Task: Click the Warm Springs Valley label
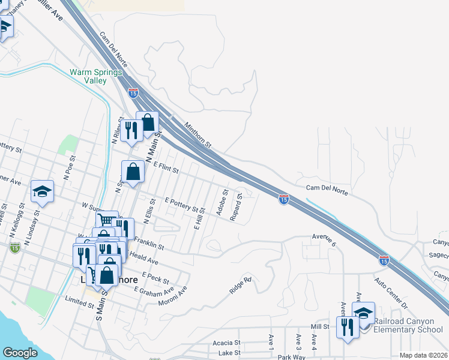tap(96, 76)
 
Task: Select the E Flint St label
tap(166, 167)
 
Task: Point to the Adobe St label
tap(221, 202)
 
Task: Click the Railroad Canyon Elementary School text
tap(408, 325)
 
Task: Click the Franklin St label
tap(149, 242)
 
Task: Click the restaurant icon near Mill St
tap(348, 327)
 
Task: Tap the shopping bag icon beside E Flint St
tap(133, 172)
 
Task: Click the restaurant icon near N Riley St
tap(131, 130)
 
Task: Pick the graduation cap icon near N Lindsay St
tap(43, 191)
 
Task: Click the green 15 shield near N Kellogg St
tap(14, 248)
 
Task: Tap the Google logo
tap(20, 353)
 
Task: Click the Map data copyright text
tap(423, 355)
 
